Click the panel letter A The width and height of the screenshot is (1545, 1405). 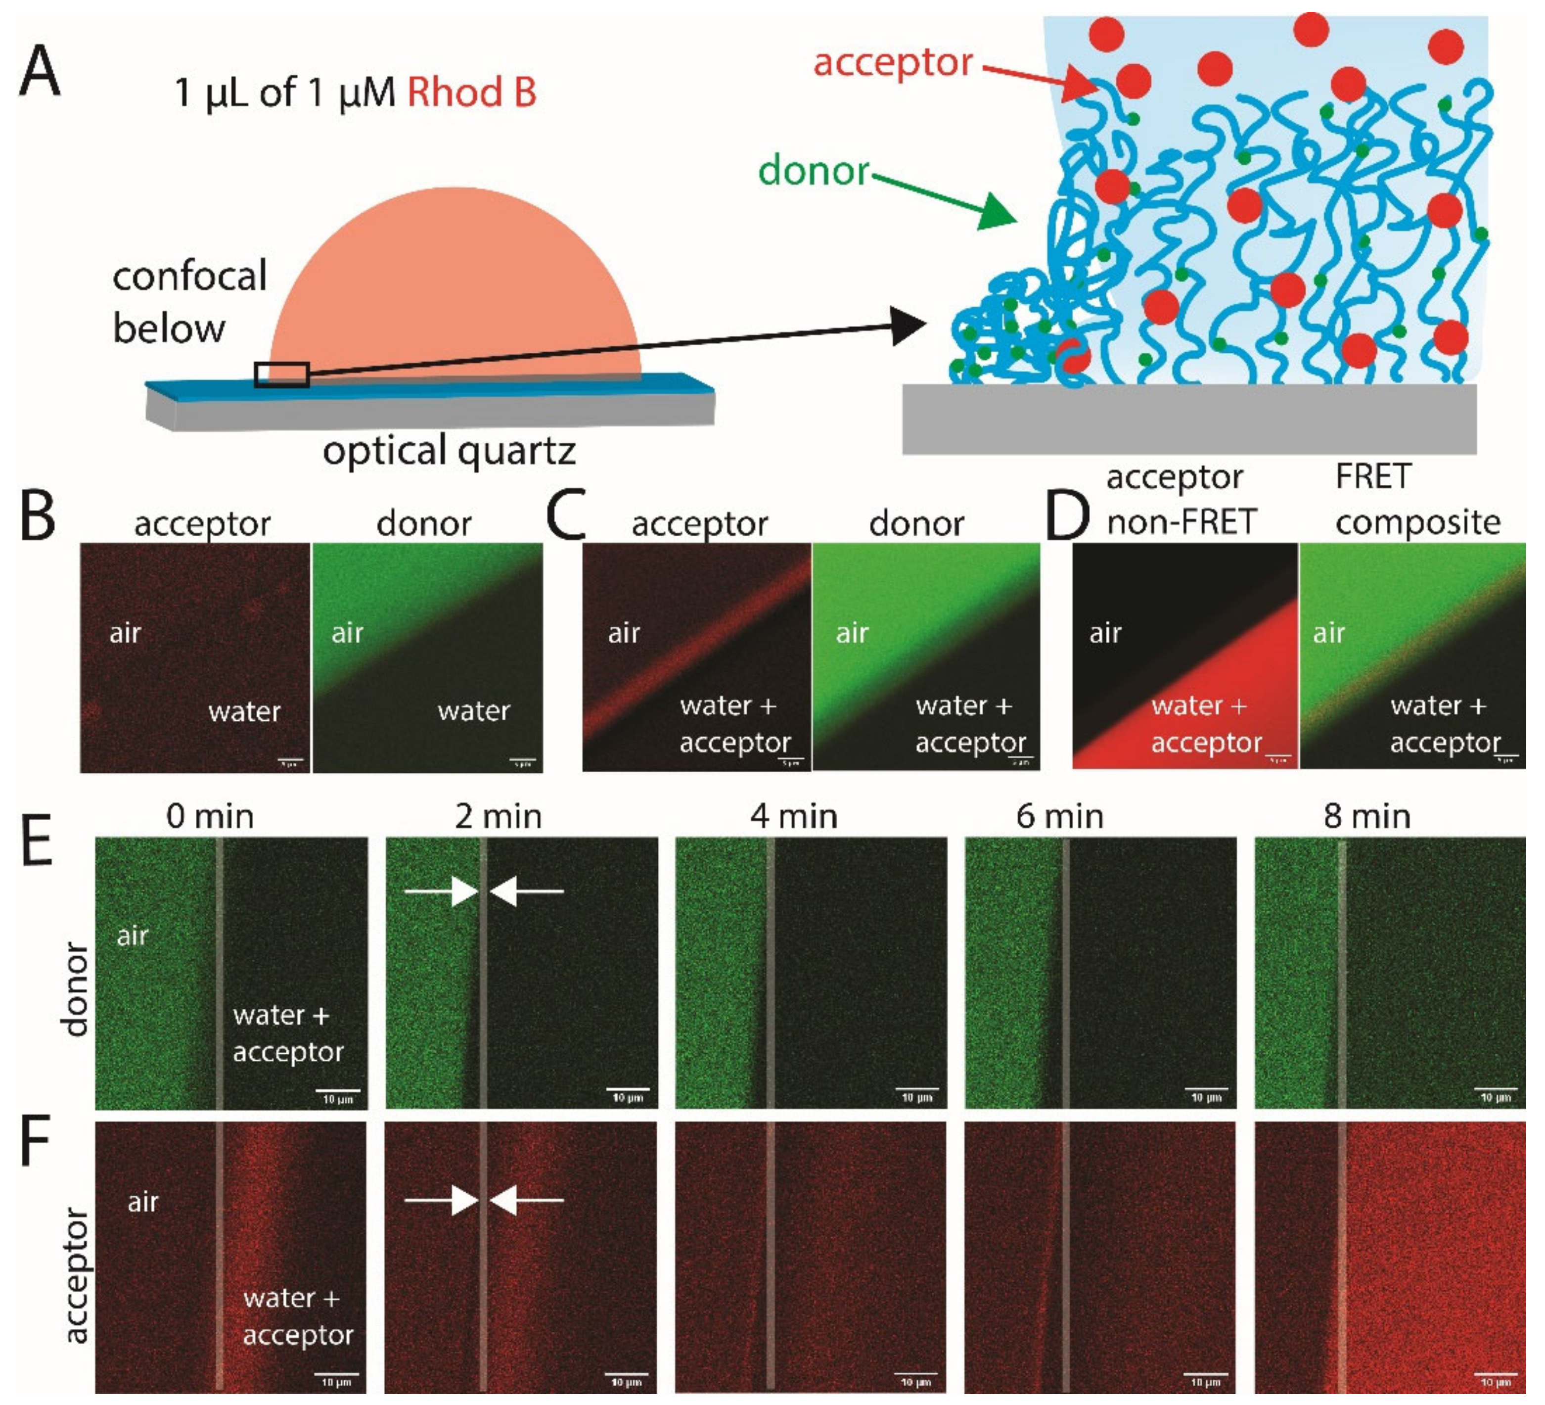pos(40,71)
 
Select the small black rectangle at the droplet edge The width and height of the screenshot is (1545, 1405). pos(281,375)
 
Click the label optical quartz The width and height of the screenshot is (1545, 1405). pos(449,451)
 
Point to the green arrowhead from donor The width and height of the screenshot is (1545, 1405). pos(996,211)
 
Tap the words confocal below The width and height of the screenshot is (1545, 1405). pos(189,301)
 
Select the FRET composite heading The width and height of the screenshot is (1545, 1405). pos(1417,500)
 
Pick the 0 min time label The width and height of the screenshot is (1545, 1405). pos(210,816)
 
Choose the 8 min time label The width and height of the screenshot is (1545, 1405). pos(1366,816)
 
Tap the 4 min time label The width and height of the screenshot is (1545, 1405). pos(793,816)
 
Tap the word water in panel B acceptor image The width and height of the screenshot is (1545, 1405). pos(244,711)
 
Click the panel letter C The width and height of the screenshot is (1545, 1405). pos(566,515)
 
